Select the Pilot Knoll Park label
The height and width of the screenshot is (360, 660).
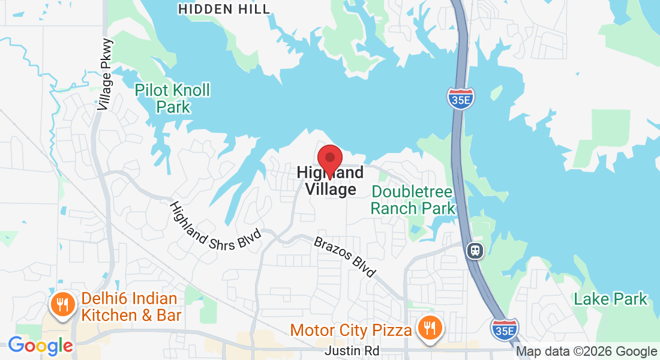[x=173, y=99]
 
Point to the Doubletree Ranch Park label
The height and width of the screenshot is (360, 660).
[x=413, y=200]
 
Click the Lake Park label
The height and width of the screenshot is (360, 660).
[x=611, y=299]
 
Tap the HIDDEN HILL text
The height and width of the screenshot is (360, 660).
[x=224, y=9]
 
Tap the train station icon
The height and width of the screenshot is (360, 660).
[x=475, y=251]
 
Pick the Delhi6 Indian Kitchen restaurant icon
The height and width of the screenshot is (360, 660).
[x=62, y=304]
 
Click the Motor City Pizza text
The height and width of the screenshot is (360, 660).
[x=351, y=330]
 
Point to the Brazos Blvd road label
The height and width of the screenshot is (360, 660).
[x=344, y=257]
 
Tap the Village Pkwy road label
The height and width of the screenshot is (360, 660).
[x=105, y=74]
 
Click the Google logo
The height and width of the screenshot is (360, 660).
[x=40, y=346]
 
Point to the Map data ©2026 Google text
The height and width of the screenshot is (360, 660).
[x=586, y=352]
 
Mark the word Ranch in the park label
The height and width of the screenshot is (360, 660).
[x=394, y=208]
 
